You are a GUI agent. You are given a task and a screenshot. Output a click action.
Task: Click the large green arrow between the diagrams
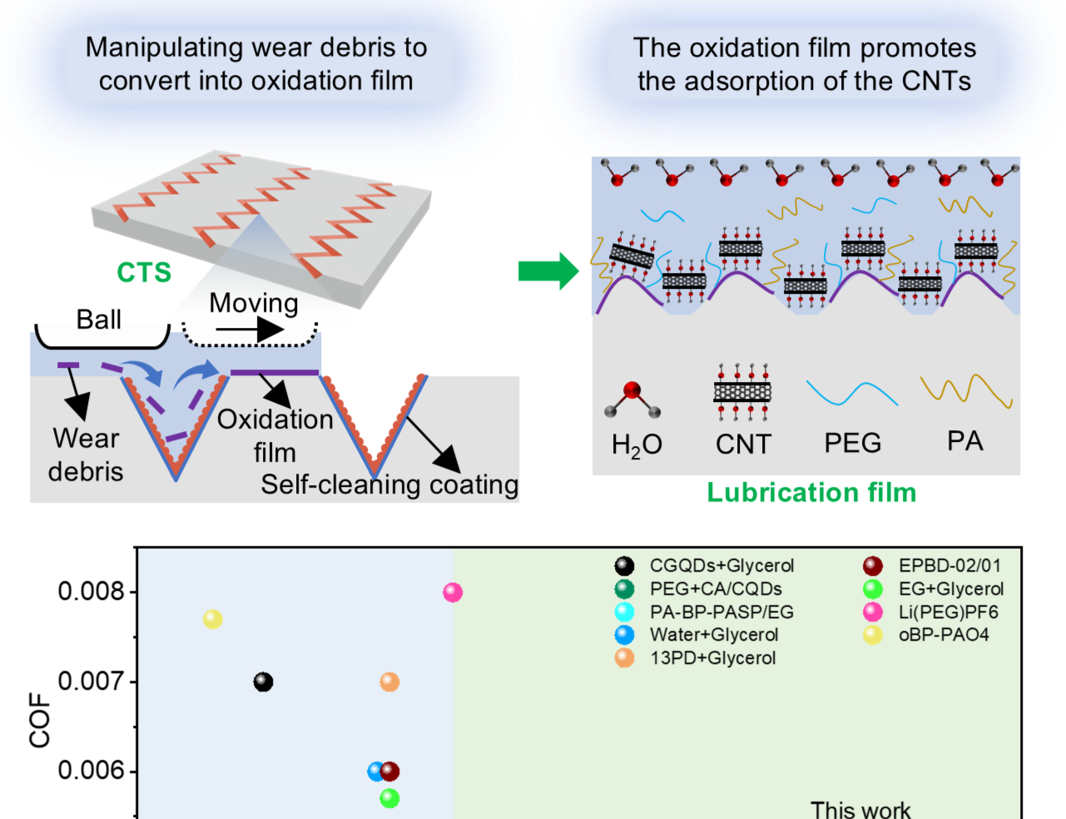click(548, 271)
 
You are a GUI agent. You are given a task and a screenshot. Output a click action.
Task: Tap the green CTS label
click(144, 272)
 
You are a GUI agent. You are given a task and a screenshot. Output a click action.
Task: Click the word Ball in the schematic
click(99, 320)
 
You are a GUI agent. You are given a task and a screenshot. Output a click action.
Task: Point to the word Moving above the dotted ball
click(253, 303)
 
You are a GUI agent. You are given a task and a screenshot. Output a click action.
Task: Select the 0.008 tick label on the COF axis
click(91, 592)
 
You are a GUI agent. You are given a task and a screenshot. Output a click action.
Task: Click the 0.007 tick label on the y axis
click(91, 682)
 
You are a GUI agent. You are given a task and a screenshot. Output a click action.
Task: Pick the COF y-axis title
click(40, 720)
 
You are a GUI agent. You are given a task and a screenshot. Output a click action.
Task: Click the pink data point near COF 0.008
click(453, 593)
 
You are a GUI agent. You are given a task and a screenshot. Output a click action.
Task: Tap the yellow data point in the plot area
click(213, 619)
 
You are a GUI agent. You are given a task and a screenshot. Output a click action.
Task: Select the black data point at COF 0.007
click(263, 682)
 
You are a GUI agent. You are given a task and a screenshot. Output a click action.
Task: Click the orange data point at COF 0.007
click(389, 682)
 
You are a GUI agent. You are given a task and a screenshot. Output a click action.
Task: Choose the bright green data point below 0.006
click(389, 798)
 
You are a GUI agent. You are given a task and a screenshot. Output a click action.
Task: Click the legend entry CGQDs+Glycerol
click(721, 566)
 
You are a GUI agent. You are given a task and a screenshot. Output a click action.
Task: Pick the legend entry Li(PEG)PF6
click(948, 613)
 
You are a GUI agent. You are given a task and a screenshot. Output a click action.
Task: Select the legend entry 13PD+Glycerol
click(712, 658)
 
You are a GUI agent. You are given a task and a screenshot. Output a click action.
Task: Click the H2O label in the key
click(637, 445)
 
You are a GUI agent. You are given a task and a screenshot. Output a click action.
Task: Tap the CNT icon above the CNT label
click(742, 391)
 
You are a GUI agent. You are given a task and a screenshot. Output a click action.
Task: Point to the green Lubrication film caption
click(811, 493)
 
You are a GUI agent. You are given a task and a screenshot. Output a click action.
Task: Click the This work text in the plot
click(860, 810)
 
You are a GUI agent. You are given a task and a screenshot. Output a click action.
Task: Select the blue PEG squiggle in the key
click(852, 393)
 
